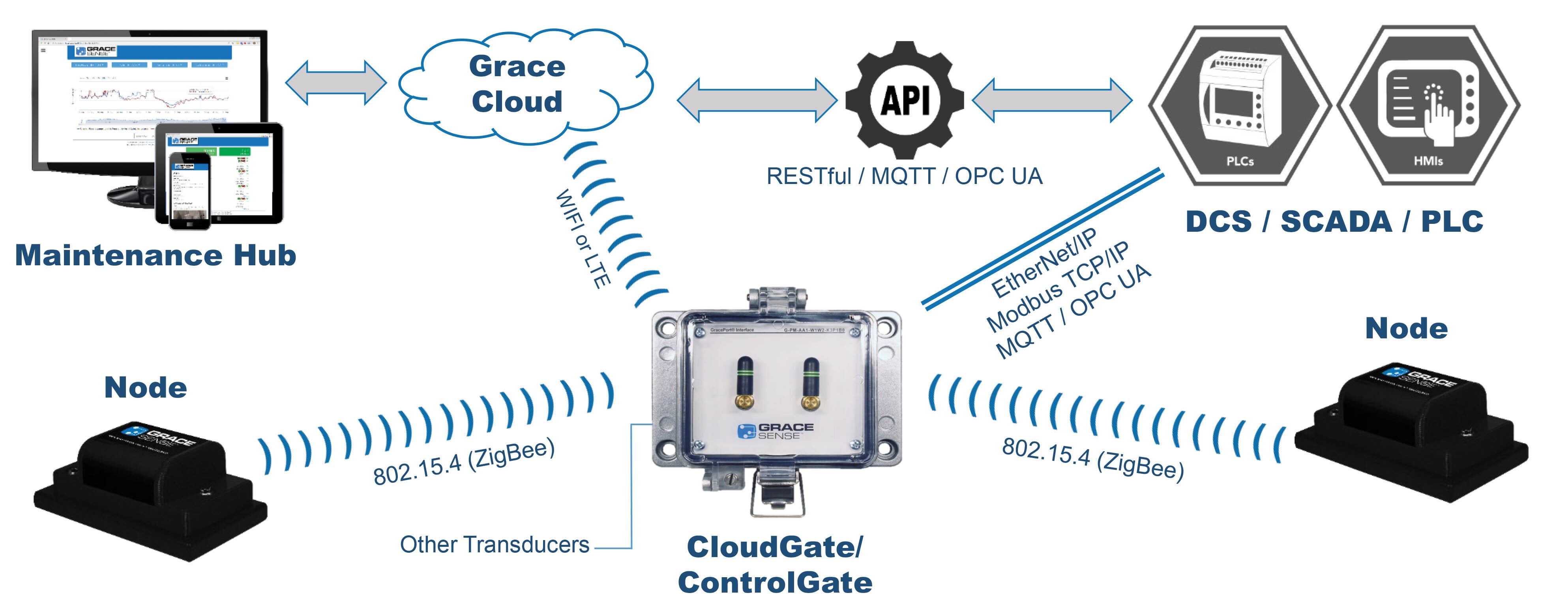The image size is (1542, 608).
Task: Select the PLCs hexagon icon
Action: coord(1239,105)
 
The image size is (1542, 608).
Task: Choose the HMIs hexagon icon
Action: coord(1428,105)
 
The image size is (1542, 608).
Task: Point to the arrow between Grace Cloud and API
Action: coord(757,99)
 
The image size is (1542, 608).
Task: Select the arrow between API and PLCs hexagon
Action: coord(1052,99)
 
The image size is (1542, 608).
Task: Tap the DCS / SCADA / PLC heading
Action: coord(1334,221)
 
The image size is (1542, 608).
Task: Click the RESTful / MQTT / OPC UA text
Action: coord(904,176)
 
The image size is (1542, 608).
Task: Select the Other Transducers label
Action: coord(495,544)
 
